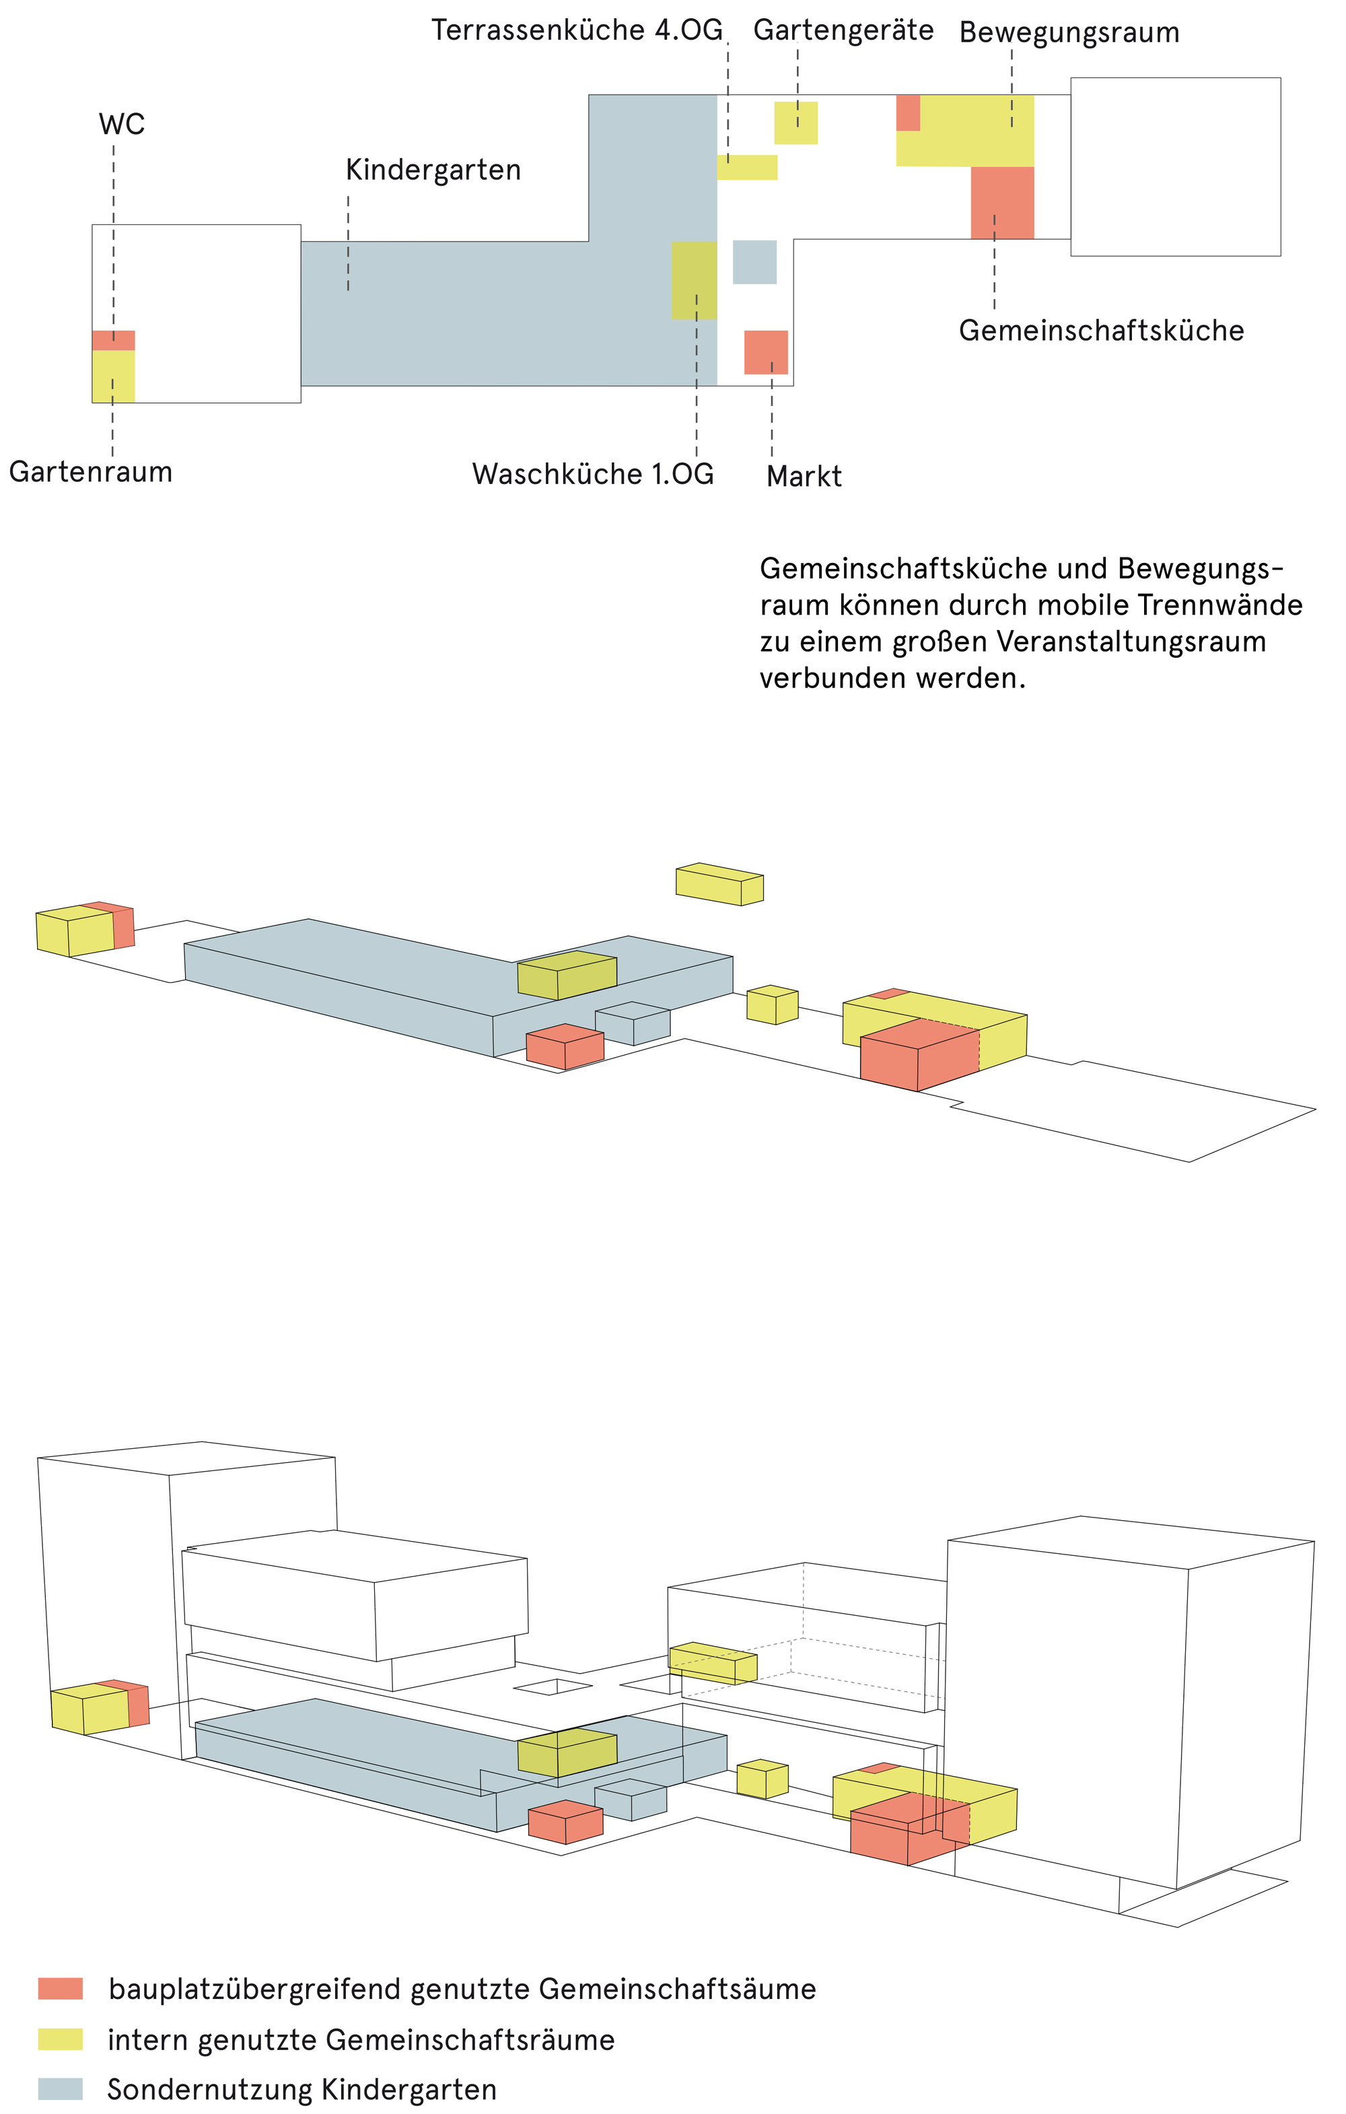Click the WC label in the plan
(x=121, y=125)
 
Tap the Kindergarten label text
(x=433, y=170)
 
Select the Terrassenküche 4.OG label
(x=577, y=31)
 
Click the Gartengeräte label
(x=843, y=31)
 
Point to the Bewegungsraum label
(x=1068, y=34)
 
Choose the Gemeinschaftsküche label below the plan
(x=1100, y=331)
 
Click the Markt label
(x=803, y=477)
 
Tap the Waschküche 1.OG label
(x=592, y=474)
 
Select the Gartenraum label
(x=90, y=473)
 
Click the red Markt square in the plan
(x=765, y=352)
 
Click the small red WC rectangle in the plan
(x=113, y=340)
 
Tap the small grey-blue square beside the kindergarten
(x=754, y=262)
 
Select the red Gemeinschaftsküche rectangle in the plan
(x=1001, y=202)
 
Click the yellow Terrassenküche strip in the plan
(x=747, y=167)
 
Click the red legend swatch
(x=60, y=1989)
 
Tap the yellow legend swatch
(x=60, y=2039)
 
